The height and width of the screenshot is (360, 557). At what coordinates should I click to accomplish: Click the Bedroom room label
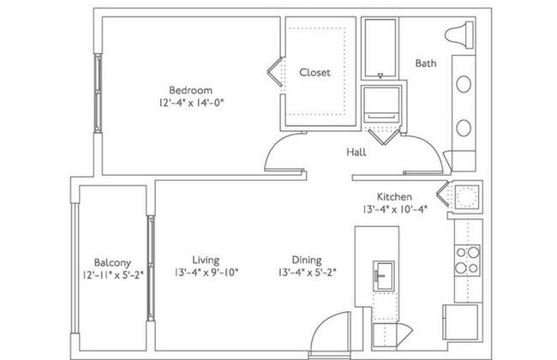pos(190,90)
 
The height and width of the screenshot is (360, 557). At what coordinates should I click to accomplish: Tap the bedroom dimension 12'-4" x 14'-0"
pos(192,103)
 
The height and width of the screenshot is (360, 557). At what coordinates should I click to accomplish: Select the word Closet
pos(314,73)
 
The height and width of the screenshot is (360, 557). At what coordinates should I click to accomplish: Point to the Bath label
pos(426,63)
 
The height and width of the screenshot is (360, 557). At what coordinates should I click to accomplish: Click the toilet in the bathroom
pos(459,35)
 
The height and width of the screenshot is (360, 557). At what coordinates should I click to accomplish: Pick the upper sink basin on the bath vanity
pos(464,84)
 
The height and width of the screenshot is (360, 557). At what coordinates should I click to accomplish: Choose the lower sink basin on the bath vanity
pos(464,128)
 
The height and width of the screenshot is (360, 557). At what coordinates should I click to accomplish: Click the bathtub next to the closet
pos(380,48)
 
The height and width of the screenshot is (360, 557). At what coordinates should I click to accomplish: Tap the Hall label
pos(356,153)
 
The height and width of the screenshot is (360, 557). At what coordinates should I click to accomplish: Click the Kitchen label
pos(394,197)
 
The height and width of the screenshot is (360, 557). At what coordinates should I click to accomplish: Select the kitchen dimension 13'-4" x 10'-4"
pos(394,209)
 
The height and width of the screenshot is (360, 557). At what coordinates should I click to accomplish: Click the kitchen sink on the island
pos(384,276)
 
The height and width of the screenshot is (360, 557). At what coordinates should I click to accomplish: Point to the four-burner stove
pos(468,261)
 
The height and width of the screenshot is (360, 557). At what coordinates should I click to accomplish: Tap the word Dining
pos(307,261)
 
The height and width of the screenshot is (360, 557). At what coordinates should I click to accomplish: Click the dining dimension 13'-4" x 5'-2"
pos(308,273)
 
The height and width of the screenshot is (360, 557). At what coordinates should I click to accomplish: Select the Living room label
pos(206,261)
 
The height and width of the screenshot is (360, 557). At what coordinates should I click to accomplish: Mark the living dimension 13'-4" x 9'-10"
pos(207,273)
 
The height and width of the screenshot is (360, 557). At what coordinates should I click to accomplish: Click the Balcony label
pos(112,263)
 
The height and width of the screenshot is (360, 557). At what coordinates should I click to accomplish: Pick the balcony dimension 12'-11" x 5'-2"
pos(112,275)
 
